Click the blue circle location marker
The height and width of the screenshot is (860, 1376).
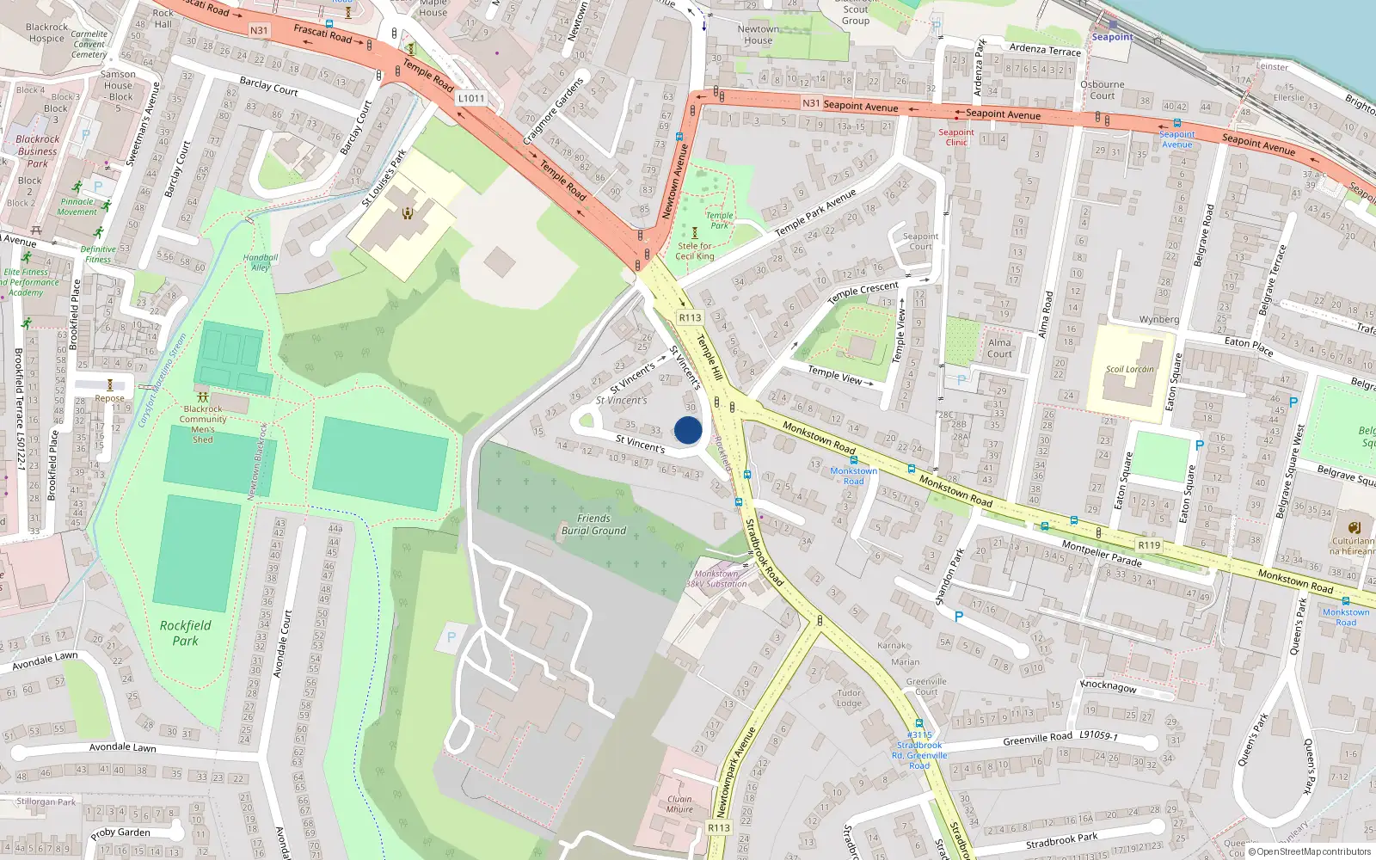688,430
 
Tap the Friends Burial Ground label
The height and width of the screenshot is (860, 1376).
593,525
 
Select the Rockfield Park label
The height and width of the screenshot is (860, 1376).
185,633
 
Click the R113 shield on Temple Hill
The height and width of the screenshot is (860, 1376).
689,317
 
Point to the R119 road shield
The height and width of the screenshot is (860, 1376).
1149,545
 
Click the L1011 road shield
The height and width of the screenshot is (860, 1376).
471,98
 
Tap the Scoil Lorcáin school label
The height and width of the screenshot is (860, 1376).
1129,369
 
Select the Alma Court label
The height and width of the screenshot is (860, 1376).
999,347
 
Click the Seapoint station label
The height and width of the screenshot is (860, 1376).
1112,37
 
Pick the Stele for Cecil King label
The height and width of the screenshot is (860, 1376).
695,250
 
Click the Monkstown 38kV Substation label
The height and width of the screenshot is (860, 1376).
716,579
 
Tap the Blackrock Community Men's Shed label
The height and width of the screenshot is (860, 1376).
203,424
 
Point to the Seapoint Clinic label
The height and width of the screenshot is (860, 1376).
956,138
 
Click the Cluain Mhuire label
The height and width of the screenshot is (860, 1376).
679,804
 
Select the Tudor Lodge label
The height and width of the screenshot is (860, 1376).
849,697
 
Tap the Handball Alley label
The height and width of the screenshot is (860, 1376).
260,262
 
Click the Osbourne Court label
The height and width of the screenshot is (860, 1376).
1102,90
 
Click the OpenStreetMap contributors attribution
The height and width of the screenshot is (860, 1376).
1310,852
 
